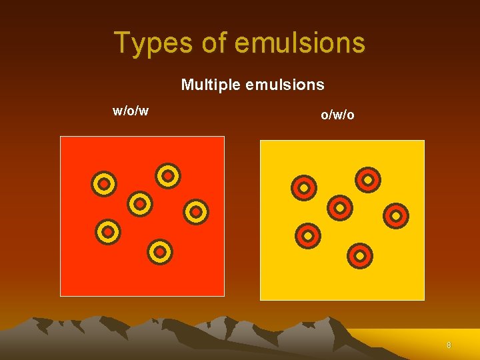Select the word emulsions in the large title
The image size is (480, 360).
[299, 43]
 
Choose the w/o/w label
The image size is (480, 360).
[131, 111]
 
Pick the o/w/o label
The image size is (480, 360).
[338, 115]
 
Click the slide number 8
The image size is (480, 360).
[449, 345]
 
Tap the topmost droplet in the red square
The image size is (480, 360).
[168, 175]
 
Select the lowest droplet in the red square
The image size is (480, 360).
[160, 251]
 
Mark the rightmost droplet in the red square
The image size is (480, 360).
[196, 211]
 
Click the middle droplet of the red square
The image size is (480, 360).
[140, 203]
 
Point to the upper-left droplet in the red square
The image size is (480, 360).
[104, 183]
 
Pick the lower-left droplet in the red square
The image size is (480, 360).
[107, 231]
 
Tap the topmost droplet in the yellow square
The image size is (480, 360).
[367, 179]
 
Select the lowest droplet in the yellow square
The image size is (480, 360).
[360, 255]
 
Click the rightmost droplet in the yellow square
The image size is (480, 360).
[396, 215]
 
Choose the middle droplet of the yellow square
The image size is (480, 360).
[339, 207]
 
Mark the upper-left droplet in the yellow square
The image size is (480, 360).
[304, 188]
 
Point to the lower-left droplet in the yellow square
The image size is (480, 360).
[308, 235]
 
